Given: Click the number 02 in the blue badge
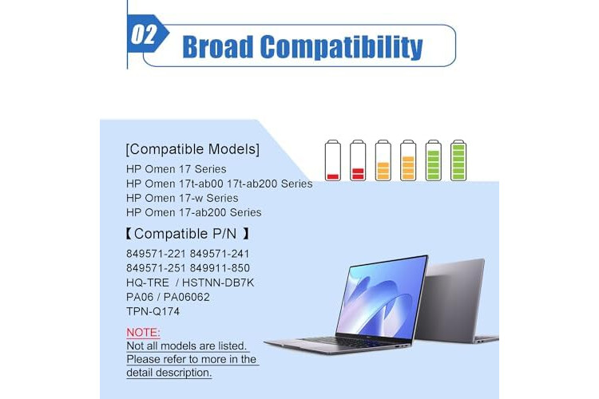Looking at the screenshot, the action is [x=144, y=34].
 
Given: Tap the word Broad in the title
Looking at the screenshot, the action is [x=218, y=46].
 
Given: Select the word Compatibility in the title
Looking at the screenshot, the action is [x=342, y=47].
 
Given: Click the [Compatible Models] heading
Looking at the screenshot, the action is [x=192, y=149].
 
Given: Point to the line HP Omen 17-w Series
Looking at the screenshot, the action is [x=182, y=198].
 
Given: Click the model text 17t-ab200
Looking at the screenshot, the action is [x=252, y=184].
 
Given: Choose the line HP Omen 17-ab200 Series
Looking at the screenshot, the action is [x=194, y=213].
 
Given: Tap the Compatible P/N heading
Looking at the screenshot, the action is [x=187, y=233].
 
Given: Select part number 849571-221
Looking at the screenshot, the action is [x=156, y=254].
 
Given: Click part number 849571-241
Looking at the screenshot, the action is [x=220, y=254].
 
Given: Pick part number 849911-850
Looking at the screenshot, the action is [x=220, y=268].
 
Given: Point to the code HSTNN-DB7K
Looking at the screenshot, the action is [x=218, y=282].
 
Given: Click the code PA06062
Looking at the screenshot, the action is [x=187, y=297].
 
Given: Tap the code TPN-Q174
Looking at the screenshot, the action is [x=153, y=311].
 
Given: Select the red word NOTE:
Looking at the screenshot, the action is [x=143, y=333].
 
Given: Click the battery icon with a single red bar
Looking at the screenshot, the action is [x=333, y=160].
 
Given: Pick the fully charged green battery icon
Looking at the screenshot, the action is [x=458, y=160].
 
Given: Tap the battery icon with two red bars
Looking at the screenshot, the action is [x=358, y=160].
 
